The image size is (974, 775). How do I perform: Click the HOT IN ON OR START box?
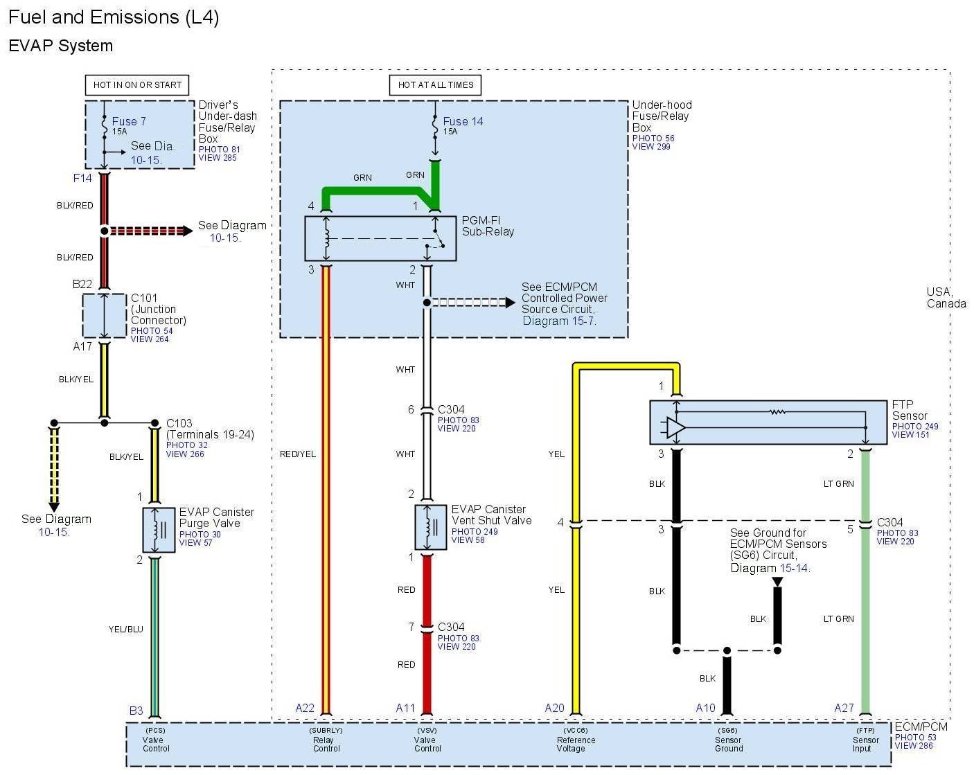coord(137,85)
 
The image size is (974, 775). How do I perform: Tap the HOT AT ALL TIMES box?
coord(435,85)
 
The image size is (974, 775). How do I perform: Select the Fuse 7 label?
coord(129,122)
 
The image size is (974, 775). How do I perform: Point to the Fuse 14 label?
coord(463,122)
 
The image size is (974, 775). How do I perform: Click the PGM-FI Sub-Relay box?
coord(380,238)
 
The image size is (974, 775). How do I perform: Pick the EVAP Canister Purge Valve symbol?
coord(159,530)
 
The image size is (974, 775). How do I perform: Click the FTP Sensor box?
coord(768,422)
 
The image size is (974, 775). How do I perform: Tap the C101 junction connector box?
coord(104,316)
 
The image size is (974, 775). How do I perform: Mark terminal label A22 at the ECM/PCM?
coord(305,708)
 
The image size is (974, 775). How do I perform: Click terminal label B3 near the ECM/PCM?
coord(136,711)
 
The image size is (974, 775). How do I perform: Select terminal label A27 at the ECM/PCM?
coord(844,708)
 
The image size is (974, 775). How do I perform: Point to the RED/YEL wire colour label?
coord(298,454)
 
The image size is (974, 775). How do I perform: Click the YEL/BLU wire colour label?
coord(125,630)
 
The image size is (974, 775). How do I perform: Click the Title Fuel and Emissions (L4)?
coord(114,17)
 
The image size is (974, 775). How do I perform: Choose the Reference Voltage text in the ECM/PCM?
coord(576,744)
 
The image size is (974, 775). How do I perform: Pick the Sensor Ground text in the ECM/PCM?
coord(729,744)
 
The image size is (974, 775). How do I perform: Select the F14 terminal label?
coord(82,179)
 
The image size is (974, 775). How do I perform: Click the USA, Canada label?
coord(946,298)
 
